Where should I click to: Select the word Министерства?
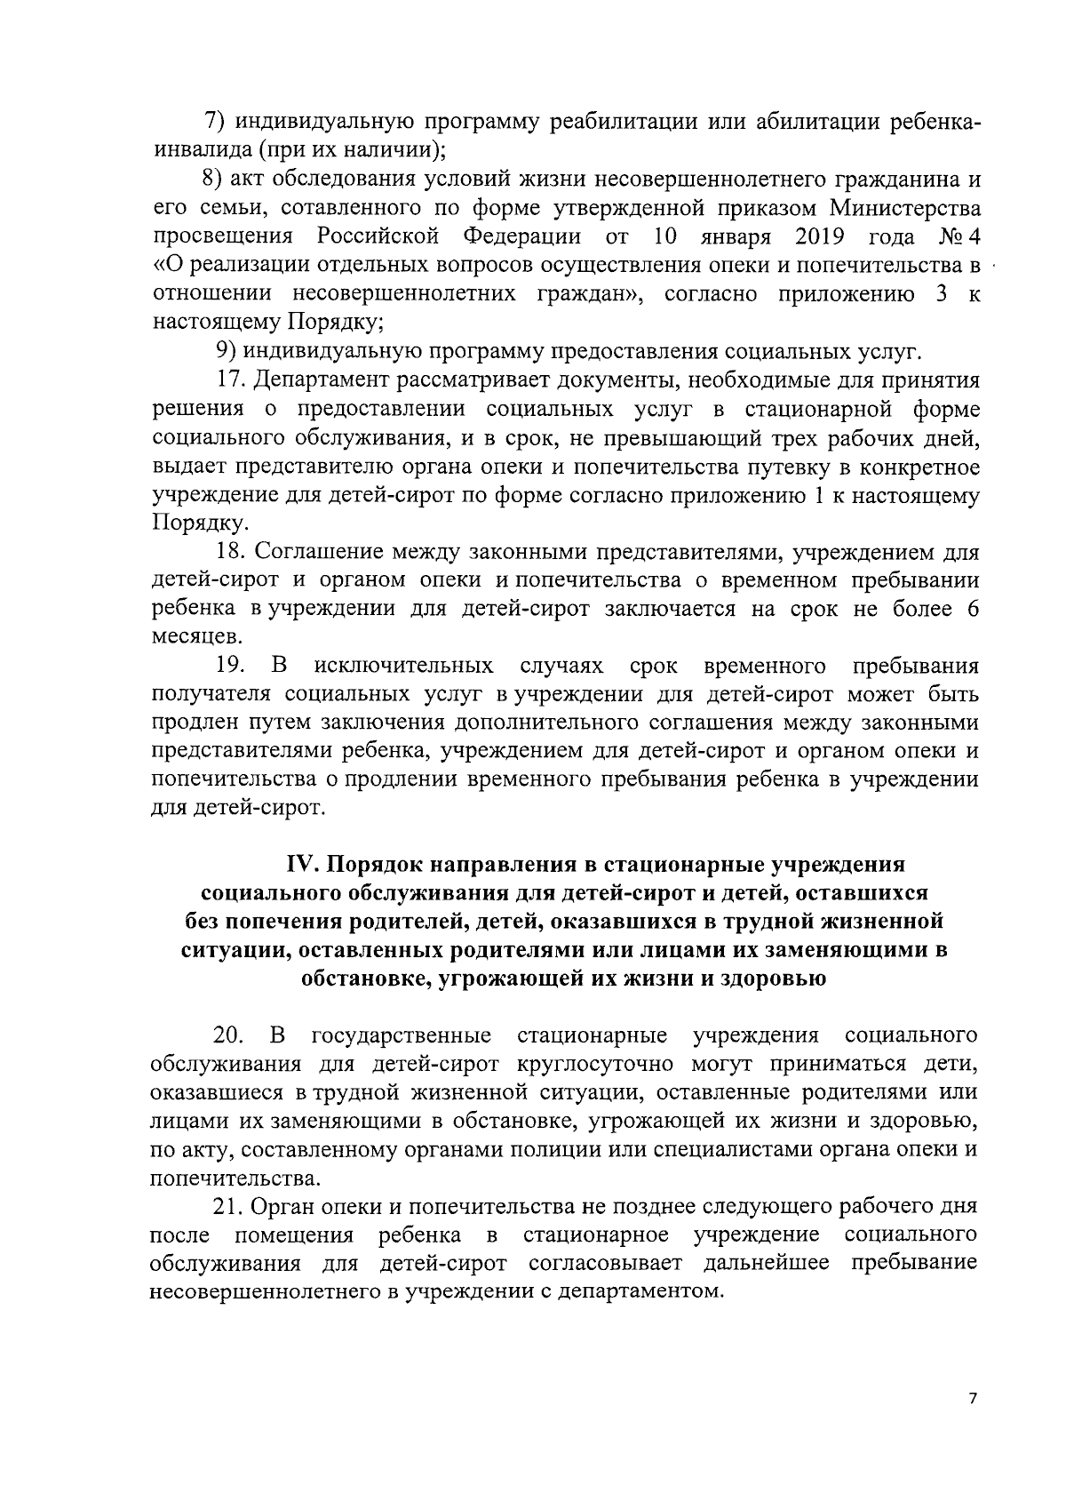[905, 209]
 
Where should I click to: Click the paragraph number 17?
[231, 380]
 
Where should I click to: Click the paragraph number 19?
[229, 666]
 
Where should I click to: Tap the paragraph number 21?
[229, 1206]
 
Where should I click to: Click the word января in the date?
[737, 237]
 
